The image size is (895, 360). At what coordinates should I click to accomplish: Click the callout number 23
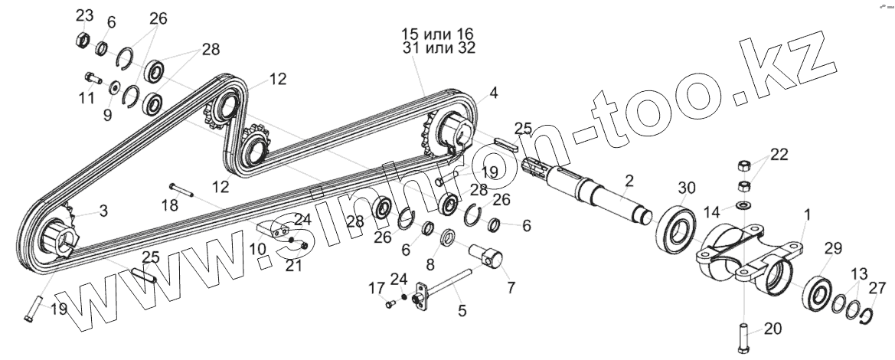(85, 15)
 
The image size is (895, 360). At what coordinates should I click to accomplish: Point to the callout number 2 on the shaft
(629, 181)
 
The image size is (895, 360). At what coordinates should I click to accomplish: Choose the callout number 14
(711, 211)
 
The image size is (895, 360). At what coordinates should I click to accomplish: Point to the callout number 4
(493, 93)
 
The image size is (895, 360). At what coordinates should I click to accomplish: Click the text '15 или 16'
(437, 34)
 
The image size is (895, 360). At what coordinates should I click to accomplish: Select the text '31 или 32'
(437, 48)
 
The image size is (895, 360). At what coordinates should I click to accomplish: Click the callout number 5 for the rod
(461, 310)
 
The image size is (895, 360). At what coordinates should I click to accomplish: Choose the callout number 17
(375, 289)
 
